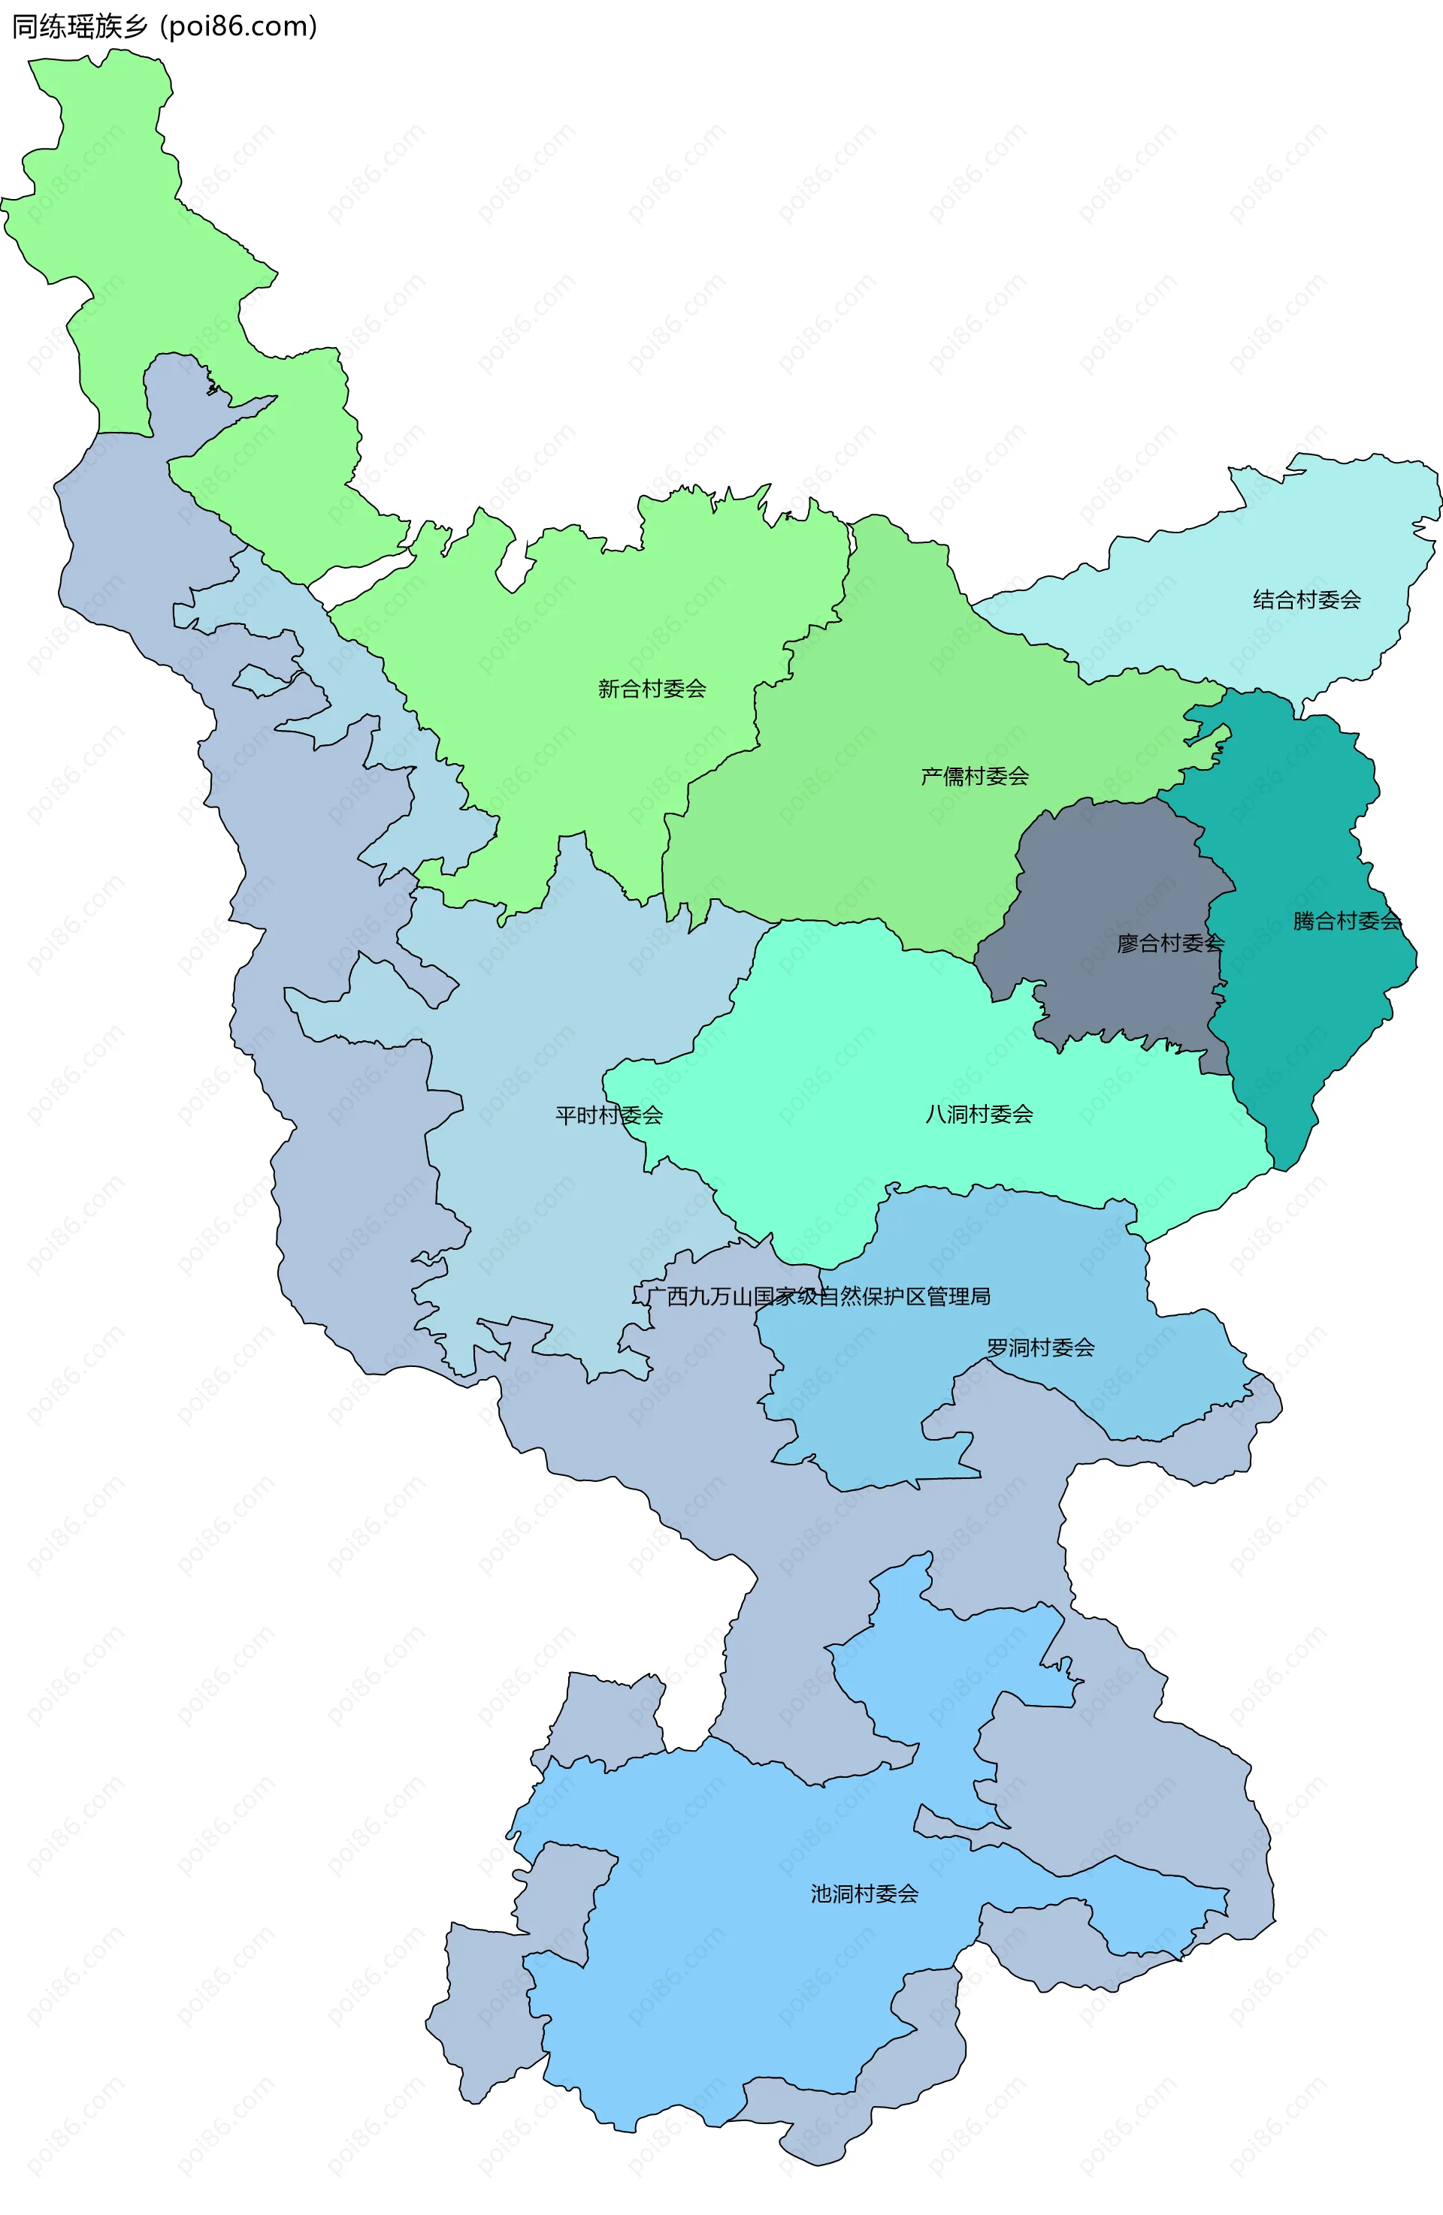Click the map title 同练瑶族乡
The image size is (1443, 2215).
coord(79,26)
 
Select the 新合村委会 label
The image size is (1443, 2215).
coord(652,689)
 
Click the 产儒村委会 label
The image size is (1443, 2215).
coord(975,776)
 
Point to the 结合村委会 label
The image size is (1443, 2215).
coord(1306,600)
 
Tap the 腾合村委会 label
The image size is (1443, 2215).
coord(1346,922)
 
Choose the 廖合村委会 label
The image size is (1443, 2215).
coord(1170,943)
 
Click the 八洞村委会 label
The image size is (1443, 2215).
coord(979,1114)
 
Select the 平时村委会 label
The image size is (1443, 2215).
coord(609,1115)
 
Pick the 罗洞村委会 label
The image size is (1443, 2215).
coord(1040,1347)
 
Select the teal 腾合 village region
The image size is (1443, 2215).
coord(1303,1024)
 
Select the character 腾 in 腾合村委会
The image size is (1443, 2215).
coord(1303,922)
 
